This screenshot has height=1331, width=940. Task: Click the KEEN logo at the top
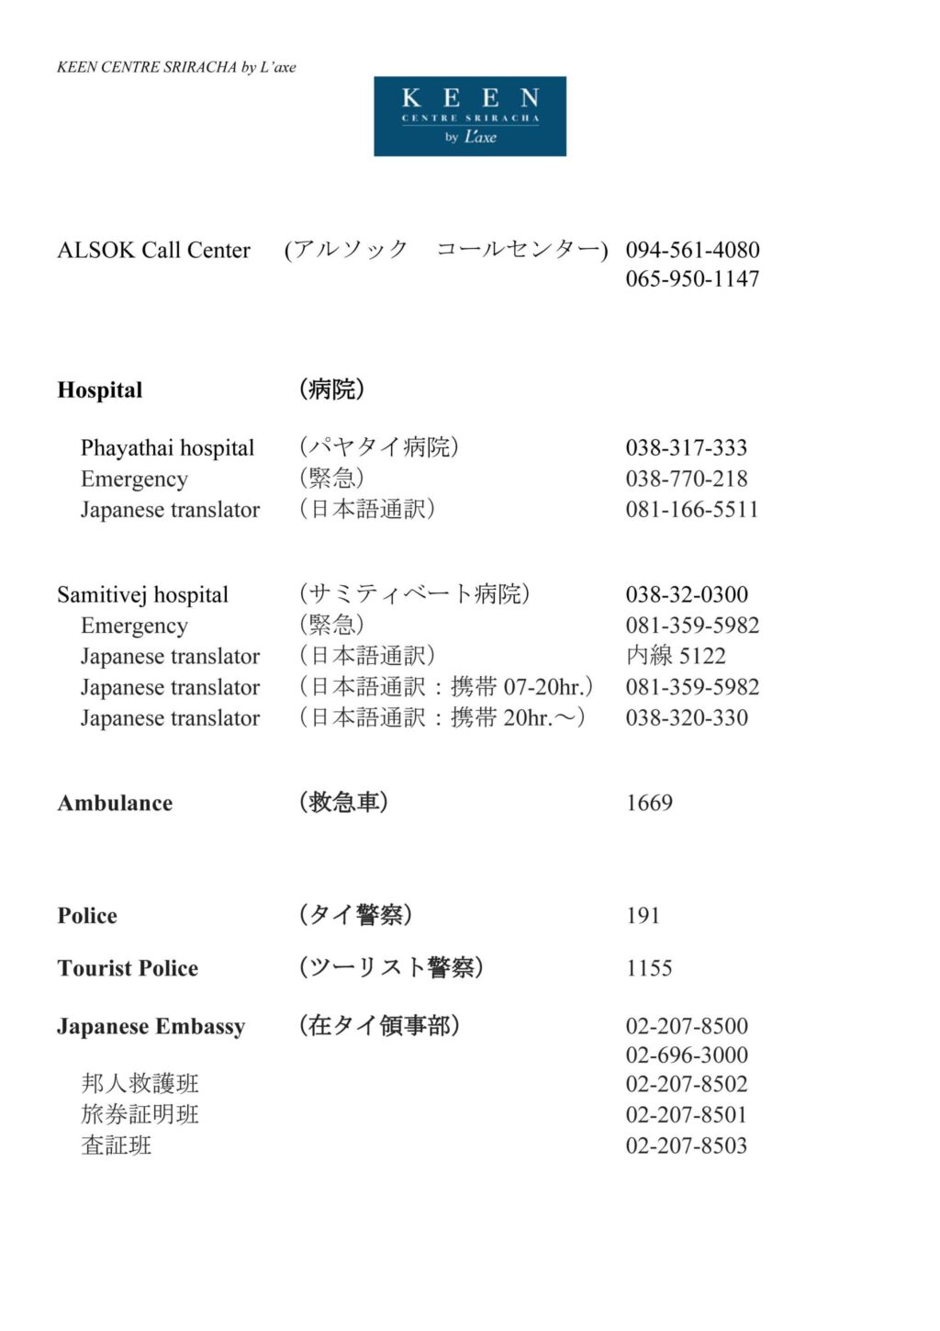click(x=469, y=116)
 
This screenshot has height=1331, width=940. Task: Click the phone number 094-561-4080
click(x=692, y=250)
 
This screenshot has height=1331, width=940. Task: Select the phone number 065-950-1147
click(x=692, y=278)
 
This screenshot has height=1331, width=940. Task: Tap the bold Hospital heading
click(x=99, y=390)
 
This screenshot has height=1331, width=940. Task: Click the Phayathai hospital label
click(x=167, y=448)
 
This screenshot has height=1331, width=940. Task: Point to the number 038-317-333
click(x=686, y=448)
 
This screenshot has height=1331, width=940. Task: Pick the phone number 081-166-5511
click(x=692, y=510)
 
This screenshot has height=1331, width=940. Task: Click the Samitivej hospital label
click(x=142, y=595)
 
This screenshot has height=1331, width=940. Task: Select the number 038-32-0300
click(x=686, y=594)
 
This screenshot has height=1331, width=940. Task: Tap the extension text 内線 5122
click(x=676, y=656)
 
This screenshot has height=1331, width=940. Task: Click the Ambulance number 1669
click(x=649, y=803)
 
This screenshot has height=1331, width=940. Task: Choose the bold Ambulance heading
click(x=115, y=804)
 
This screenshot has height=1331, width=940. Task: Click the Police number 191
click(x=643, y=916)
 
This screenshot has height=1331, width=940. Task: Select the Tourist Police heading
click(x=128, y=968)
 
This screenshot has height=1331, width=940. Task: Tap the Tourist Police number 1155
click(x=649, y=968)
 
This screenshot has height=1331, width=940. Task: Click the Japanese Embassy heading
click(x=151, y=1026)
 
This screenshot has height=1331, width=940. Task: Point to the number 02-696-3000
click(x=687, y=1055)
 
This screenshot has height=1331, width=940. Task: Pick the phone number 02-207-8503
click(x=687, y=1145)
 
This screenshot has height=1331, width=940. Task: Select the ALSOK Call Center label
click(x=153, y=250)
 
